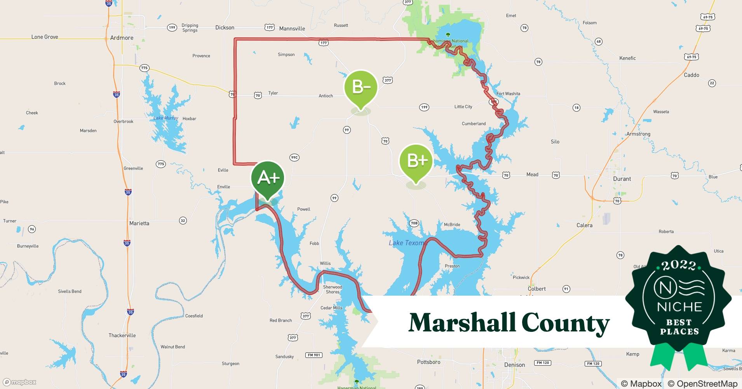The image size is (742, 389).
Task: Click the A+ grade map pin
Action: (x=268, y=179)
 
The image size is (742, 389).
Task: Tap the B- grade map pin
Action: (x=361, y=88)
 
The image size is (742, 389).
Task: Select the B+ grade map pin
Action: (x=416, y=161)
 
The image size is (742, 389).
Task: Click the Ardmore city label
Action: (x=122, y=38)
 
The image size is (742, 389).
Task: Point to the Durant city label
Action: (x=622, y=179)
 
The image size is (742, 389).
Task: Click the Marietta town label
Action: (x=139, y=223)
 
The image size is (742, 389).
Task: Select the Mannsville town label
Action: (x=292, y=28)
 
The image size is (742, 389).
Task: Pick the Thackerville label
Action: (x=122, y=335)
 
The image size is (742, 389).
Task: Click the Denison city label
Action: (x=514, y=365)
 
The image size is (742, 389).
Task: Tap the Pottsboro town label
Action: (x=428, y=362)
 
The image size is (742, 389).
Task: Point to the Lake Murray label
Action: (x=166, y=118)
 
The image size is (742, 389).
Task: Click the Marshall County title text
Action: (x=509, y=323)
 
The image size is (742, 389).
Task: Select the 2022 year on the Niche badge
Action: (x=679, y=265)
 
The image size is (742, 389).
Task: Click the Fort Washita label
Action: (x=508, y=94)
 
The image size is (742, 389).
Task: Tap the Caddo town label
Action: (x=691, y=75)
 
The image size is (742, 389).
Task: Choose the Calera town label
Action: (x=584, y=225)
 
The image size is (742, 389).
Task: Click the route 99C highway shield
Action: (x=294, y=158)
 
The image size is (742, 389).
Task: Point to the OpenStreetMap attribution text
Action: (x=702, y=384)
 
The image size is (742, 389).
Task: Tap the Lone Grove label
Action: (x=45, y=37)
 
